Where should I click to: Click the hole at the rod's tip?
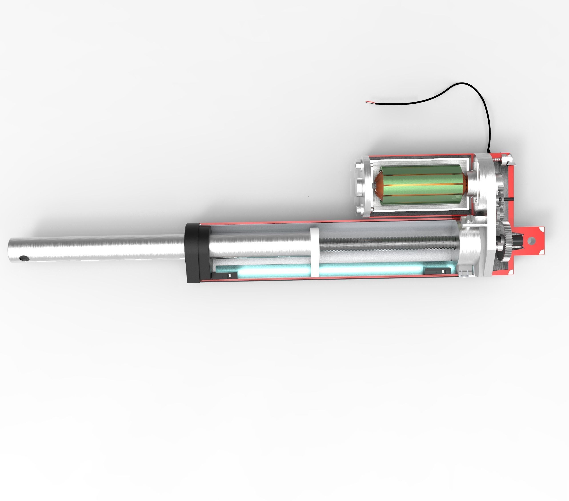(24, 258)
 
